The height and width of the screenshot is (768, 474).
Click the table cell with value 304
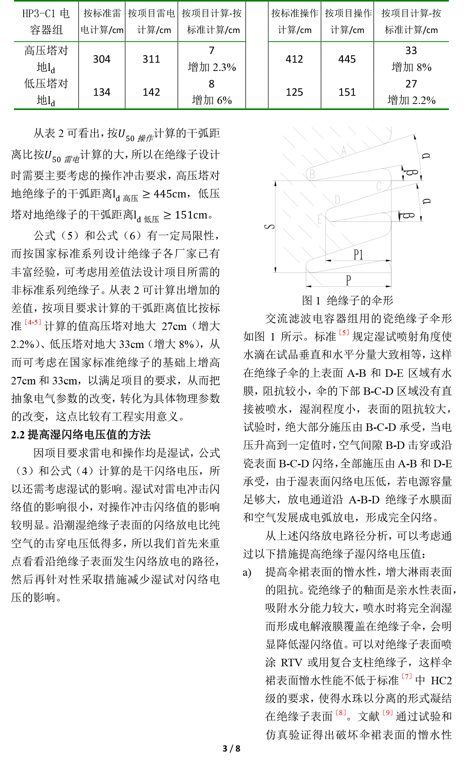102,59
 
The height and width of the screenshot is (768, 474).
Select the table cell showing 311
151,59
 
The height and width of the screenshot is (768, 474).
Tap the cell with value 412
294,59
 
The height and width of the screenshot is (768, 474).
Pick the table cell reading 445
347,59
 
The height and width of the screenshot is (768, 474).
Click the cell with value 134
102,92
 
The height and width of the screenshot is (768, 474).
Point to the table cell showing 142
151,92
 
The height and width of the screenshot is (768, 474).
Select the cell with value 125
294,92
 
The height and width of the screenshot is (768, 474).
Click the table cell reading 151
347,92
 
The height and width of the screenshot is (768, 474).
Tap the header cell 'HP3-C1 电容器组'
46,22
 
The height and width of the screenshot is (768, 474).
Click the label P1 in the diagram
358,255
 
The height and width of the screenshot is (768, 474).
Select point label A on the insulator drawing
343,151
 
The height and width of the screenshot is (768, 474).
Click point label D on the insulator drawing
337,200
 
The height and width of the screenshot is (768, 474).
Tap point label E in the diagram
320,219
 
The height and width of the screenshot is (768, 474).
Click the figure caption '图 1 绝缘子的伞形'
348,300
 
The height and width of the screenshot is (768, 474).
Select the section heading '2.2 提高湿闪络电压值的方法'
81,435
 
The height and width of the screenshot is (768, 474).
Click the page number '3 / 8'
231,748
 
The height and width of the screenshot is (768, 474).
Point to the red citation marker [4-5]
33,322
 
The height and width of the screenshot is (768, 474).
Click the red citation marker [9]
387,712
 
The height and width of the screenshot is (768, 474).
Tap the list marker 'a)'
247,572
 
